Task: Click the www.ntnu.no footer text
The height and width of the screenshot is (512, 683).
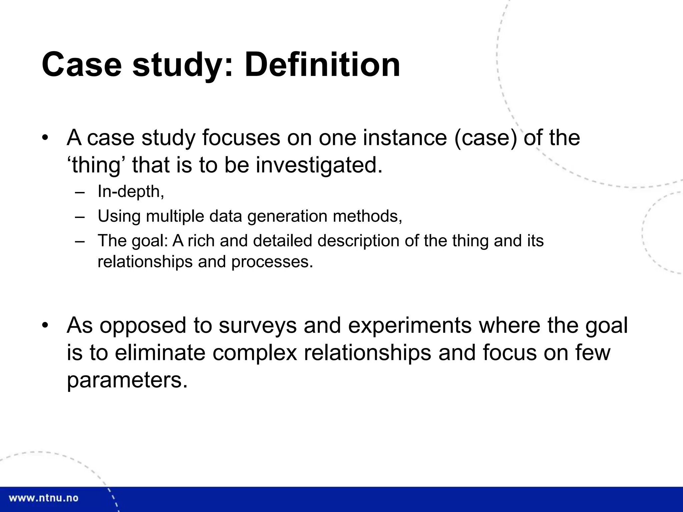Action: tap(43, 498)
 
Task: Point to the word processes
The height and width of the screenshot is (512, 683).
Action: tap(272, 262)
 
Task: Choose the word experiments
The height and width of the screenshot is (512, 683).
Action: tap(410, 325)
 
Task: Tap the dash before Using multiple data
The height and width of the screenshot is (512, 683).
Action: tap(80, 216)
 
